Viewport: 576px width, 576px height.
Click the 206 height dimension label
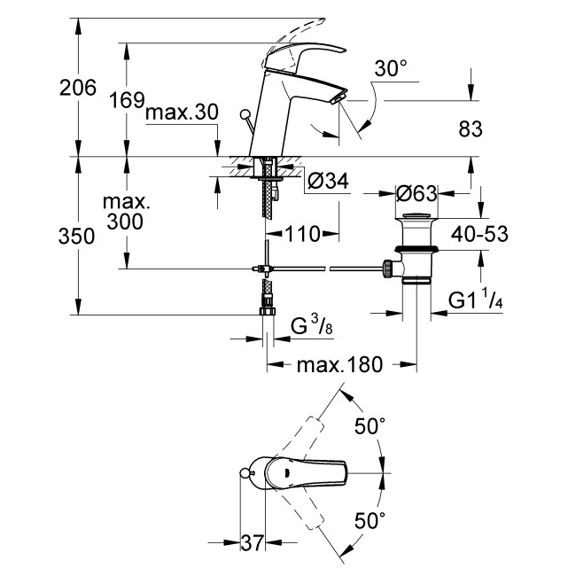pos(77,88)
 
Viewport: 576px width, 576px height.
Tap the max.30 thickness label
pos(182,113)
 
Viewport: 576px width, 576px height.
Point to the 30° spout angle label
pos(391,67)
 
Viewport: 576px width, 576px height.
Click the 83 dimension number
pos(470,129)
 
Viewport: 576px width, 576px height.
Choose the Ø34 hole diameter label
pos(327,182)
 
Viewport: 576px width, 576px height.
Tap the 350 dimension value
pos(77,237)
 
